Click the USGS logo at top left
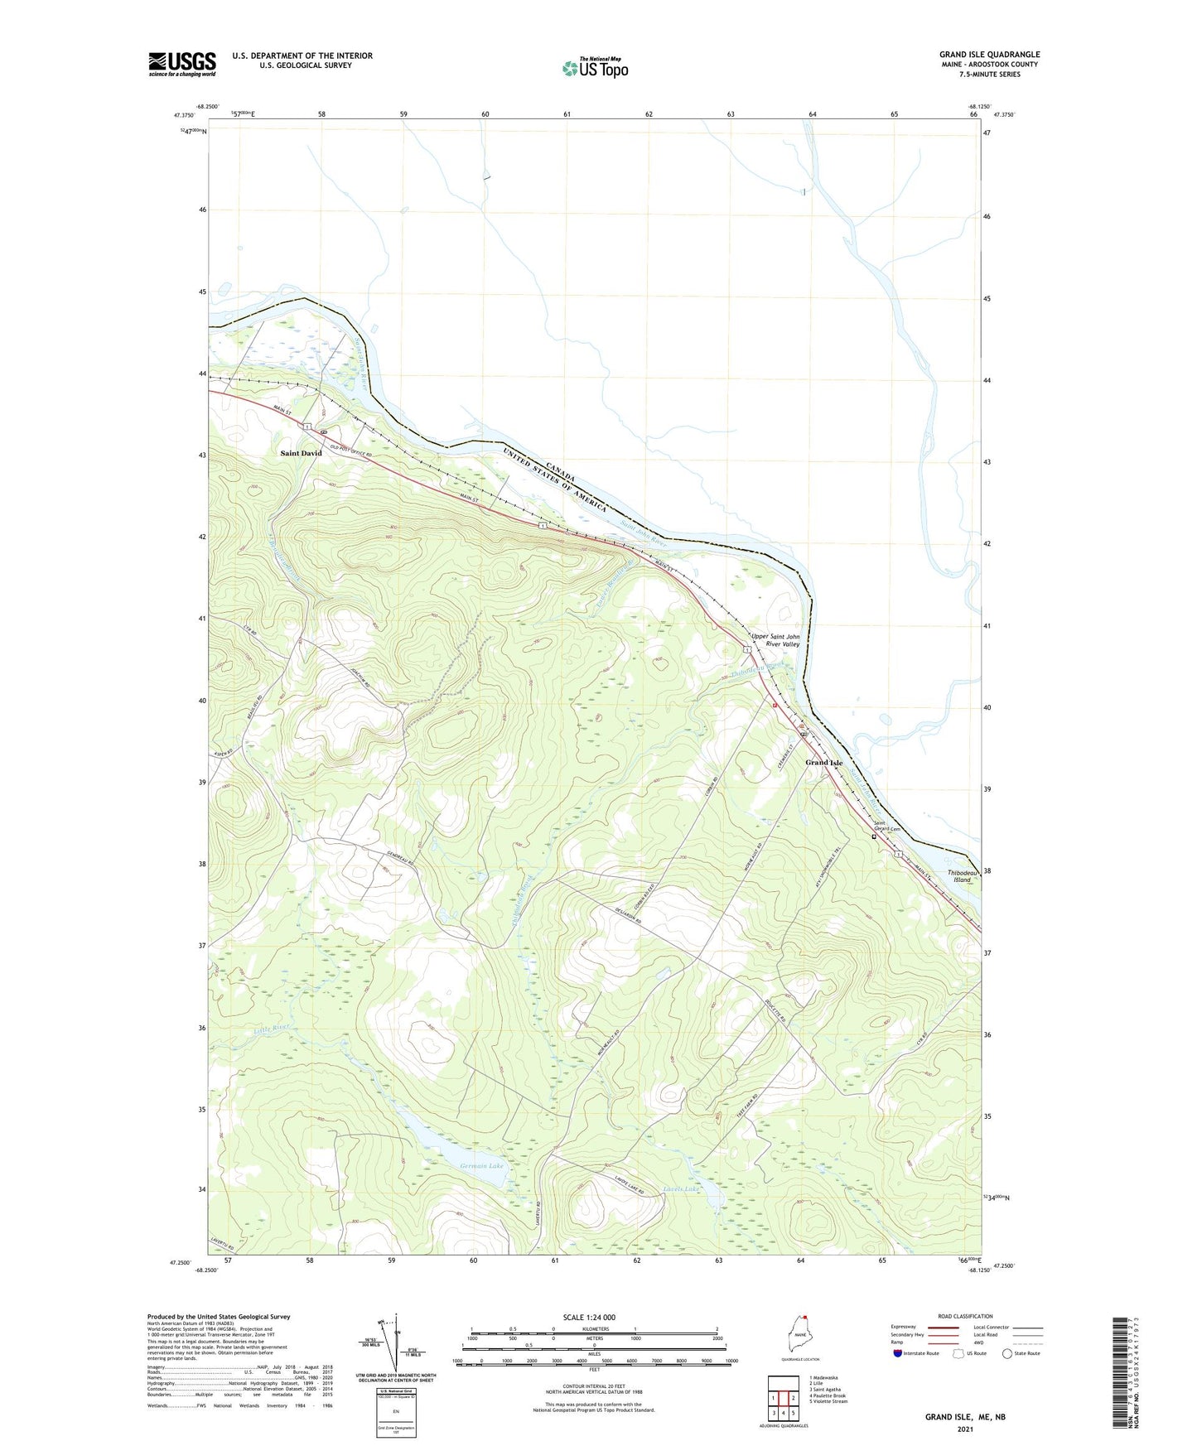click(x=182, y=64)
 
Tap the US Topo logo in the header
click(x=595, y=68)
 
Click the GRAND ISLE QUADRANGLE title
click(x=989, y=54)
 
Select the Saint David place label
click(x=301, y=453)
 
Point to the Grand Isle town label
click(x=824, y=763)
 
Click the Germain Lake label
click(x=481, y=1166)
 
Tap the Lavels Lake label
click(x=682, y=1189)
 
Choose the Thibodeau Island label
click(x=963, y=876)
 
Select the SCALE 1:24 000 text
click(x=589, y=1317)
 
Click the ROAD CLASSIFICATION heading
click(x=965, y=1316)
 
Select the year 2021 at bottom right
click(x=964, y=1429)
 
